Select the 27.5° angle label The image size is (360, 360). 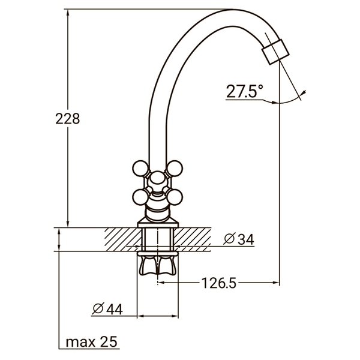(x=244, y=92)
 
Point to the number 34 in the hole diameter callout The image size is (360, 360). (x=245, y=239)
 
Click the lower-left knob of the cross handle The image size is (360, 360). (x=139, y=196)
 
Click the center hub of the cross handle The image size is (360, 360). (x=158, y=179)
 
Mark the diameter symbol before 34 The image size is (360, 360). (x=229, y=239)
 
